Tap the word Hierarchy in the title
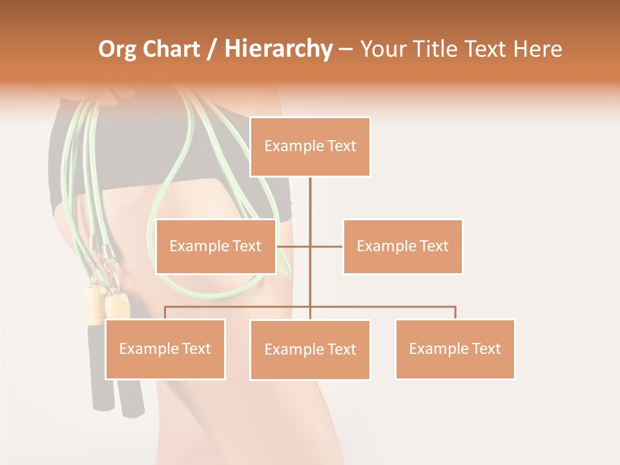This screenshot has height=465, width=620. [278, 49]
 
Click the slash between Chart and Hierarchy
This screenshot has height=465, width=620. [212, 49]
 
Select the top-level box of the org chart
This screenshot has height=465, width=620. [310, 147]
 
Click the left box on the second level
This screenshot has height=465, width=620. [216, 246]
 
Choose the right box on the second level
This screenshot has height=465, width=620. [402, 246]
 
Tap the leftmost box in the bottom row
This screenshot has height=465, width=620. [165, 349]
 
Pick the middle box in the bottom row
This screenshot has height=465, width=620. [310, 349]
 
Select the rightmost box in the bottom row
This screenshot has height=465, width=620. [455, 349]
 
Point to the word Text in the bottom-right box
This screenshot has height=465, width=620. [486, 349]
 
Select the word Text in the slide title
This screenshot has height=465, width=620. [492, 49]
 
